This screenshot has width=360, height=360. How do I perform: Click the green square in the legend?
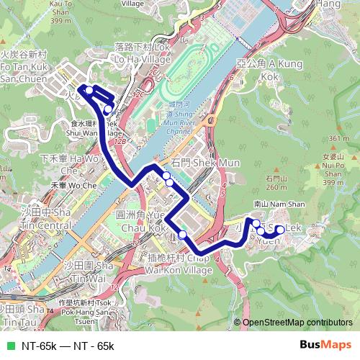(9, 346)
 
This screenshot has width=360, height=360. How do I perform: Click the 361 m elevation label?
(338, 138)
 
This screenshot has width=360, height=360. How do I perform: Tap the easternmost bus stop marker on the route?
(281, 230)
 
